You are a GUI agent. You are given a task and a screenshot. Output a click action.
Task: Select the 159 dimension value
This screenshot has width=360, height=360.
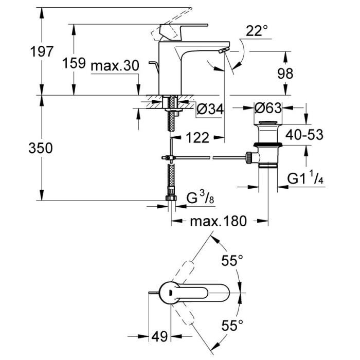pyautogui.click(x=74, y=63)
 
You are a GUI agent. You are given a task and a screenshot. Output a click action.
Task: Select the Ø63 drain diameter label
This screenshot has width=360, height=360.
pyautogui.click(x=268, y=109)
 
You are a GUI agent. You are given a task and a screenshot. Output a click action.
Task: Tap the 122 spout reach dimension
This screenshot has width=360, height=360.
pyautogui.click(x=197, y=137)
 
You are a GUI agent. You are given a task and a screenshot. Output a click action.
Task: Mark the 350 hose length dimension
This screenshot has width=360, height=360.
pyautogui.click(x=42, y=149)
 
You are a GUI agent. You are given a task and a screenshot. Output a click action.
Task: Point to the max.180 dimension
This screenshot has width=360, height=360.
pyautogui.click(x=218, y=222)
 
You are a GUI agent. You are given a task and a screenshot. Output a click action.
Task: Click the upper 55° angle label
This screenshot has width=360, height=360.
pyautogui.click(x=232, y=261)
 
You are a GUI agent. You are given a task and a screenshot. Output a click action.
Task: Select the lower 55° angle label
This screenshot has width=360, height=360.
pyautogui.click(x=232, y=325)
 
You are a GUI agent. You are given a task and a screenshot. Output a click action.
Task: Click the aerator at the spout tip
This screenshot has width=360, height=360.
pyautogui.click(x=222, y=50)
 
